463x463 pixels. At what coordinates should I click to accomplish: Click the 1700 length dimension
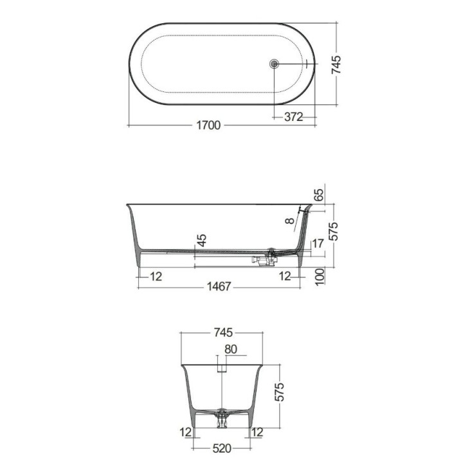[x=208, y=125]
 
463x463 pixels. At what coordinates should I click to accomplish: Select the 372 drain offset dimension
[x=294, y=117]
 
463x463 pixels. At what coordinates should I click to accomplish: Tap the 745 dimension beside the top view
[x=336, y=65]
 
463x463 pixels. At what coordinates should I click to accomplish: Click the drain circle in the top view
[x=275, y=64]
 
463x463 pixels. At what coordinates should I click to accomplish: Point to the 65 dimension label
[x=319, y=195]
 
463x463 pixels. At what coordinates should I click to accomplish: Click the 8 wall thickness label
[x=290, y=221]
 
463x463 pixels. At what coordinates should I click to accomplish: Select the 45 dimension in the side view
[x=202, y=241]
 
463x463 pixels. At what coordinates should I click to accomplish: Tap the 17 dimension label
[x=318, y=244]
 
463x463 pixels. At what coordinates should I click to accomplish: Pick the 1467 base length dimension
[x=219, y=286]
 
